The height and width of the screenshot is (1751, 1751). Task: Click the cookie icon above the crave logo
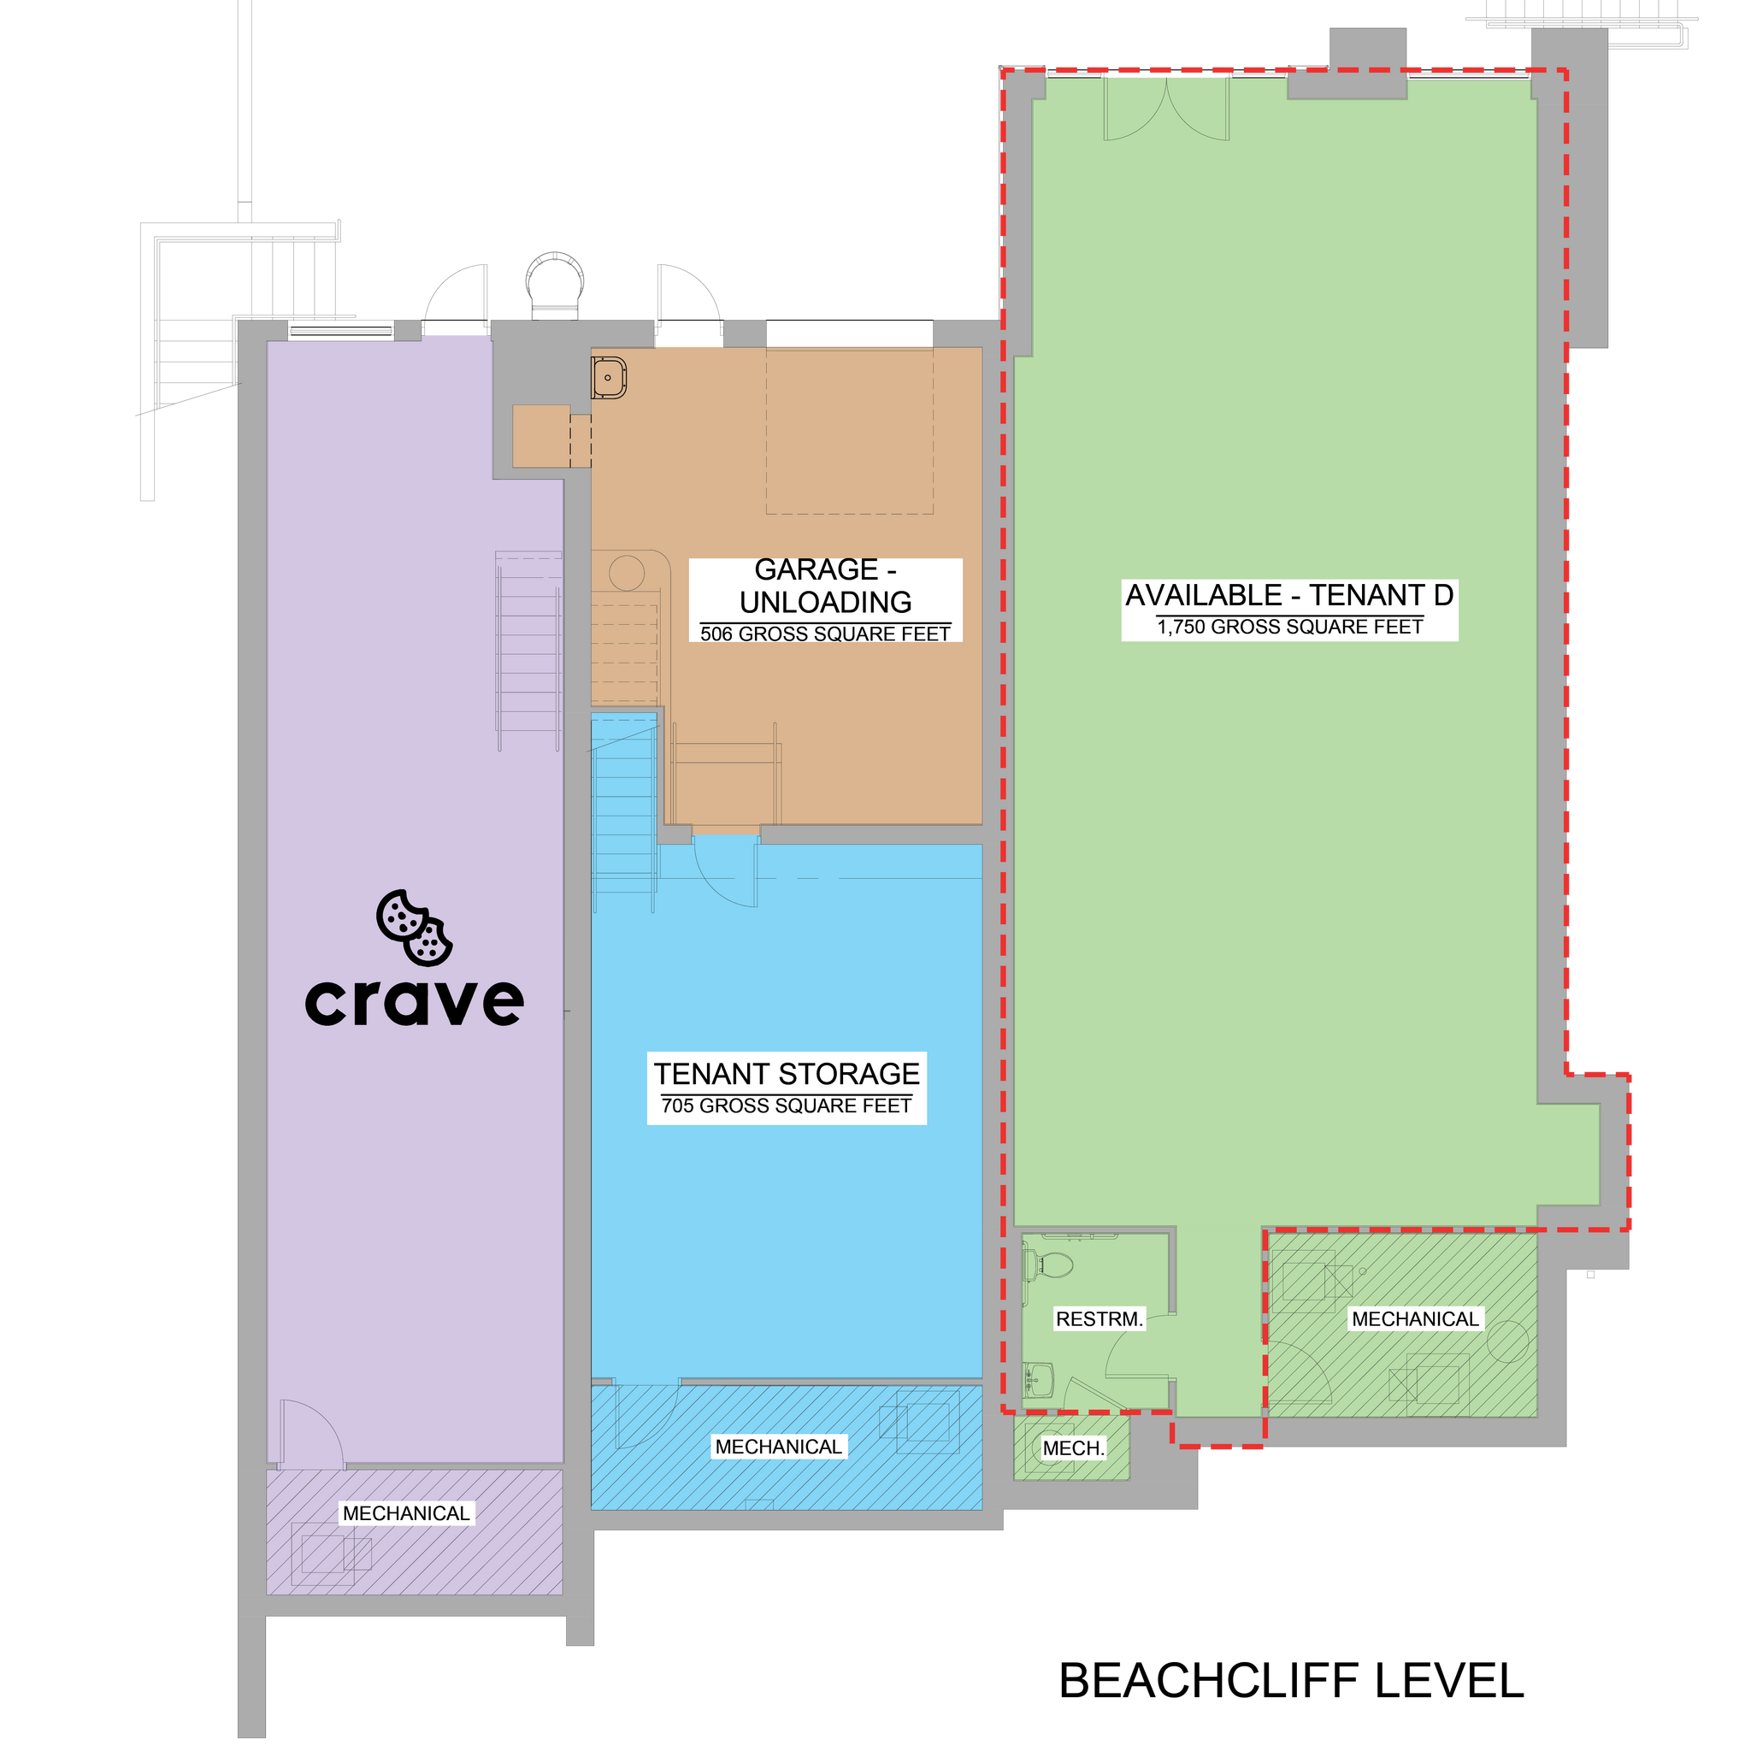[x=414, y=927]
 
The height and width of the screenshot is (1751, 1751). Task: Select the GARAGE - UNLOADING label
[x=825, y=586]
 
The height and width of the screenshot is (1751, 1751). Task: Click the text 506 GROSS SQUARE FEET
[x=825, y=634]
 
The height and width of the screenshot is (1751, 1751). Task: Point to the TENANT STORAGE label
[x=787, y=1074]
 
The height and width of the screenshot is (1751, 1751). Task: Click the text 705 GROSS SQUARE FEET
[x=787, y=1105]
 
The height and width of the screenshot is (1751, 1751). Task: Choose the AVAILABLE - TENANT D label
[x=1288, y=595]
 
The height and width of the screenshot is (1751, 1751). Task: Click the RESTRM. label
[x=1100, y=1318]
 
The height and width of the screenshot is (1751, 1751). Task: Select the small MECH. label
[x=1073, y=1448]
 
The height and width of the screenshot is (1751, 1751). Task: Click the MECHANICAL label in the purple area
[x=406, y=1512]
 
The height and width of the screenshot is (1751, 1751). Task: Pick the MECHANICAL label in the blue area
[x=779, y=1447]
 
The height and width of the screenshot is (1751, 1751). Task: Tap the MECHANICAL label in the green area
[x=1415, y=1318]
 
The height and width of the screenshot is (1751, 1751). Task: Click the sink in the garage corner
[x=609, y=377]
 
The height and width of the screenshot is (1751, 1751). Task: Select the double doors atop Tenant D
[x=1165, y=109]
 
